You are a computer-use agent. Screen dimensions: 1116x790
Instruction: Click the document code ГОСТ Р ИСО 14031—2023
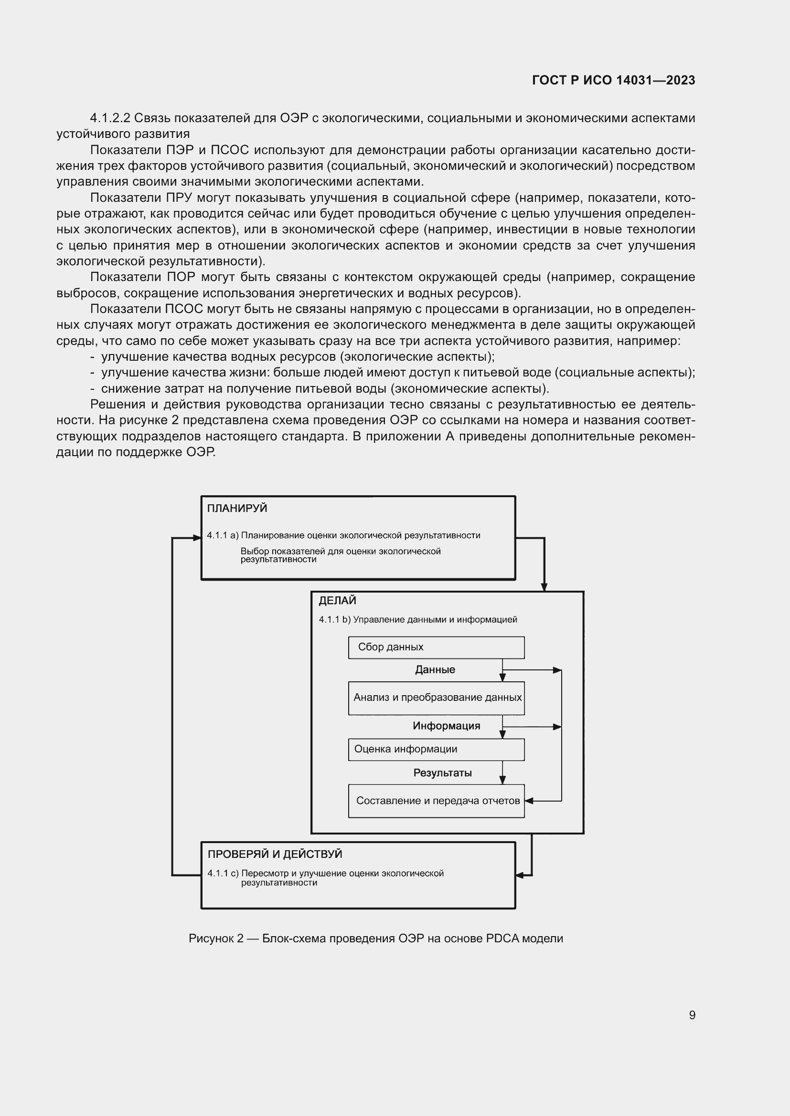tap(613, 80)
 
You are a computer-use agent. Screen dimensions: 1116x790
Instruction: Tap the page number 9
tap(692, 1015)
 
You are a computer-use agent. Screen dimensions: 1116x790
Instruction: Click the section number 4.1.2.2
tap(110, 118)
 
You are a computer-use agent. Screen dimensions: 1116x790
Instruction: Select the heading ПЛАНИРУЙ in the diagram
tap(237, 509)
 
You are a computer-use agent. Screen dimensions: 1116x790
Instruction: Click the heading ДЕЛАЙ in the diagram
tap(337, 601)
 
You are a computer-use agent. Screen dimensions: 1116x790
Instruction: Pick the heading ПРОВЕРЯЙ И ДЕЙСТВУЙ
tap(275, 854)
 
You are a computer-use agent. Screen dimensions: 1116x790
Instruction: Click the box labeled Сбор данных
tap(436, 647)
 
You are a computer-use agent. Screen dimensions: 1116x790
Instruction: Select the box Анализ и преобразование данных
tap(436, 698)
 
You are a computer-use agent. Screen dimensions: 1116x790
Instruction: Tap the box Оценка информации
tap(436, 749)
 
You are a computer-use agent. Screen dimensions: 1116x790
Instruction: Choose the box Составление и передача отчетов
tap(436, 801)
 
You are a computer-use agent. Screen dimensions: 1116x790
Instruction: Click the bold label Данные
tap(435, 670)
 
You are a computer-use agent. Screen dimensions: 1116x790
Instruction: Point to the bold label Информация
tap(446, 726)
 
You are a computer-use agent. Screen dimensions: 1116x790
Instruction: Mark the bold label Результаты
tap(442, 773)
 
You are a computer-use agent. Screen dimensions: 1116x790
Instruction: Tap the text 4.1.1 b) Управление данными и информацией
tap(418, 620)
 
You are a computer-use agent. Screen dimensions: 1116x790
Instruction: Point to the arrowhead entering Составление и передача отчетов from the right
tap(529, 801)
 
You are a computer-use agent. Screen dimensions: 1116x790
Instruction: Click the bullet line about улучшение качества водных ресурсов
tap(297, 357)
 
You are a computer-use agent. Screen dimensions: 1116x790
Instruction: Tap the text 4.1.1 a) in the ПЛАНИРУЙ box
tap(222, 536)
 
